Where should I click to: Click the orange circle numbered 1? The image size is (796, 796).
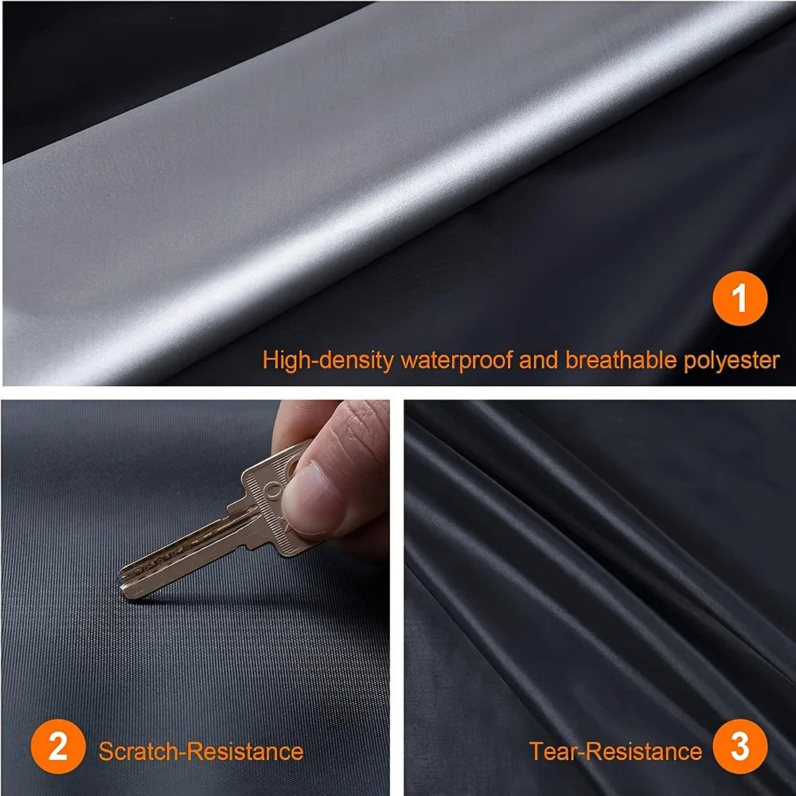coord(739,301)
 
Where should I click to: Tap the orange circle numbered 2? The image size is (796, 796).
coord(58,750)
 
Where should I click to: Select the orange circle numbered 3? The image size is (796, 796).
coord(739,750)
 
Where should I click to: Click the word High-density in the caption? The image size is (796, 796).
coord(328,360)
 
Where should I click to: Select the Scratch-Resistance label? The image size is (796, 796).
coord(201,751)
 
